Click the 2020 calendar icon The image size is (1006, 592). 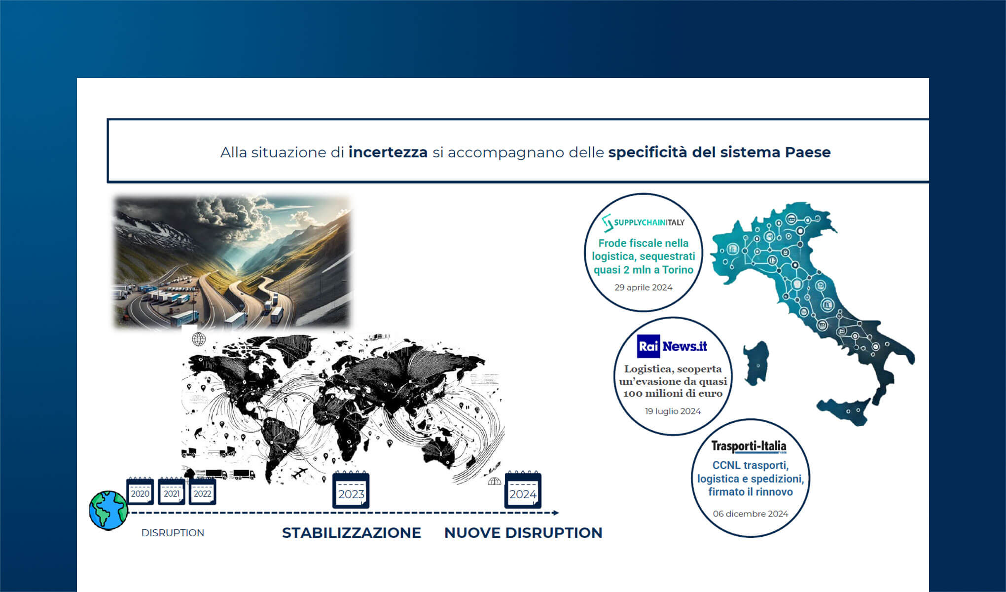point(140,491)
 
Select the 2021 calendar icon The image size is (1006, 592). point(171,491)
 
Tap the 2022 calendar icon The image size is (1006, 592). point(202,491)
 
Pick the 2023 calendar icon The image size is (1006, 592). point(351,490)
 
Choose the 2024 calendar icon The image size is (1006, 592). point(523,490)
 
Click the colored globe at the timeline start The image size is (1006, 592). point(108,510)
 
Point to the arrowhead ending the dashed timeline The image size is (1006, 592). point(556,513)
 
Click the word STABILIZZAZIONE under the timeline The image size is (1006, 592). point(351,533)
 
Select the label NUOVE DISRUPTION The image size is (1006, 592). point(523,533)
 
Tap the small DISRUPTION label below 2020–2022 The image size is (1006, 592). point(173,533)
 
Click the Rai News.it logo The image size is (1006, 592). point(672,346)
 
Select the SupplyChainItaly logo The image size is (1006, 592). point(644,222)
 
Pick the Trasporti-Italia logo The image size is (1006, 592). point(749,446)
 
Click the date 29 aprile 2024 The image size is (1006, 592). point(643,287)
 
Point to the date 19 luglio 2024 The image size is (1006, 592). point(673,411)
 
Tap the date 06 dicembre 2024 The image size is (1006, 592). point(750,514)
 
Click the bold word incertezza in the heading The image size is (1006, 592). point(388,152)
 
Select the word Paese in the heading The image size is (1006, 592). point(807,152)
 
